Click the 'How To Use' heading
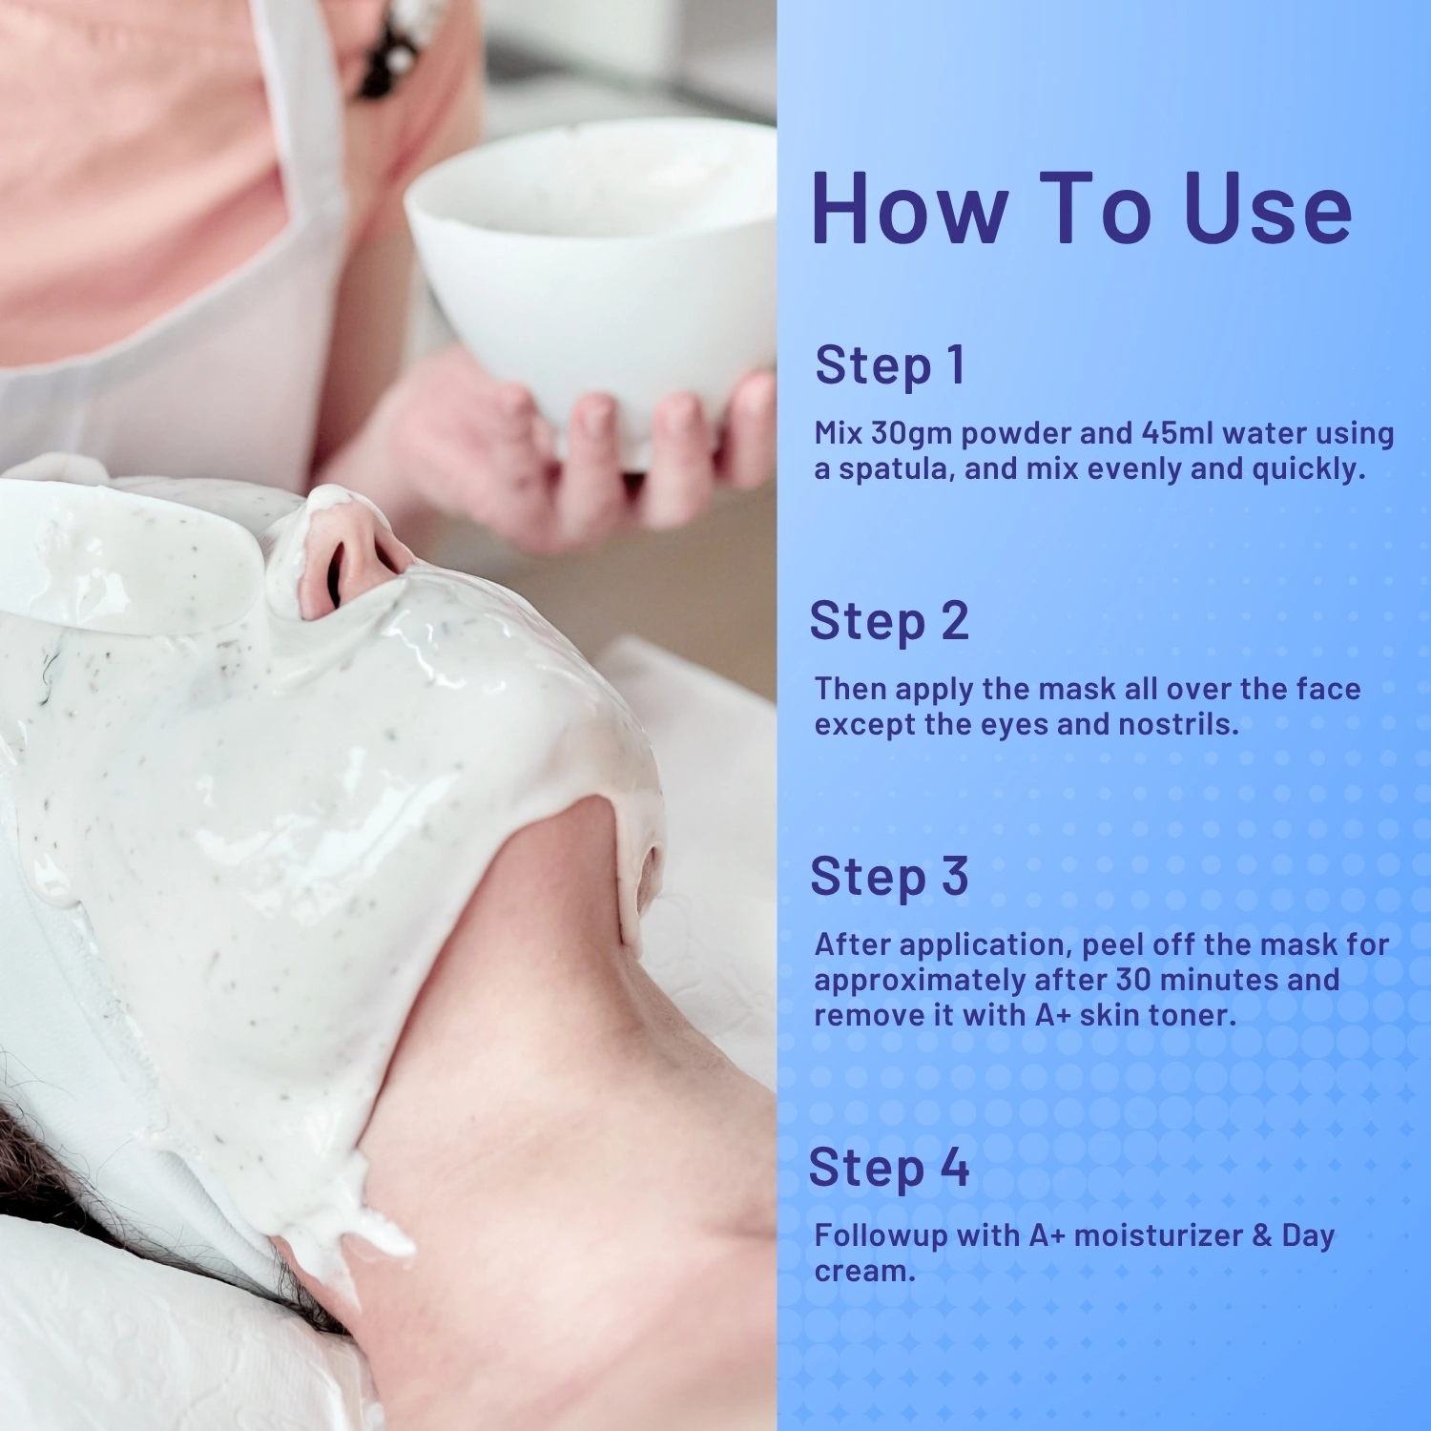click(x=1081, y=208)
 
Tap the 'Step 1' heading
click(x=890, y=365)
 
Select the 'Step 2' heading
click(x=889, y=621)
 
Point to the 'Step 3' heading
click(x=889, y=877)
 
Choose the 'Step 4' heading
click(x=889, y=1168)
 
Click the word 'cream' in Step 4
click(x=864, y=1272)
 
